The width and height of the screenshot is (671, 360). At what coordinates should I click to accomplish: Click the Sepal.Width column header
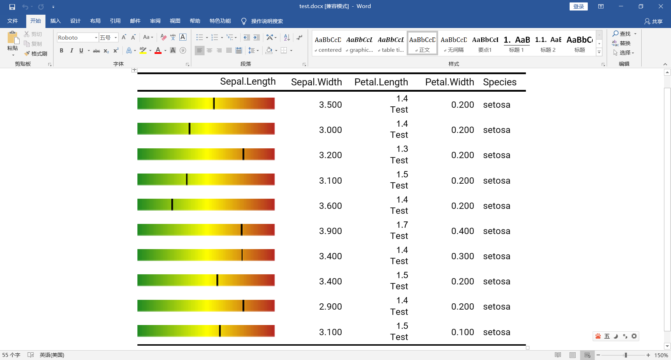[316, 82]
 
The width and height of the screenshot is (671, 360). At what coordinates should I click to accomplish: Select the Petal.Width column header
[449, 82]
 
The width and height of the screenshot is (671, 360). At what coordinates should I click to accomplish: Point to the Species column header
[500, 82]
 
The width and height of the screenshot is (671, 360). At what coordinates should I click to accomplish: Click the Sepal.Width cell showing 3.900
[330, 231]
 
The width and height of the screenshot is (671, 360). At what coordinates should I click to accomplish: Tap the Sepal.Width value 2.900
[330, 307]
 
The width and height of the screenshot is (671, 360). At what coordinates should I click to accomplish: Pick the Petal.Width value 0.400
[463, 231]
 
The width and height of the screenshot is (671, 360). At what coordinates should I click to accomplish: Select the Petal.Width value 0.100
[463, 332]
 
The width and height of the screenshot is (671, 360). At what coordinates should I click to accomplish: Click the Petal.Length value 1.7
[402, 225]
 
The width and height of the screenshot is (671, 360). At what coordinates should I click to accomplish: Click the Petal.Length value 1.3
[402, 149]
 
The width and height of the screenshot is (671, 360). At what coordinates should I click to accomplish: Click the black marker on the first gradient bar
[214, 104]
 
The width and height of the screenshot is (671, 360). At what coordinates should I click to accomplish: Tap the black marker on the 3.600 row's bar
[172, 205]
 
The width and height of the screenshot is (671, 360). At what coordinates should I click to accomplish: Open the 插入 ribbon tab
[55, 21]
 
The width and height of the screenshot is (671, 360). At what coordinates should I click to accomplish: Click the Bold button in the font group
[62, 50]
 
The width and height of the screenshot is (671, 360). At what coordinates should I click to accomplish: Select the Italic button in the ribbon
[71, 50]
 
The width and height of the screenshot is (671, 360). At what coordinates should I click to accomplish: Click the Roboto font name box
[75, 37]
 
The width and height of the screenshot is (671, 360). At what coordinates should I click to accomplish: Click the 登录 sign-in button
[578, 6]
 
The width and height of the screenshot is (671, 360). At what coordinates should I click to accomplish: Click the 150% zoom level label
[661, 355]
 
